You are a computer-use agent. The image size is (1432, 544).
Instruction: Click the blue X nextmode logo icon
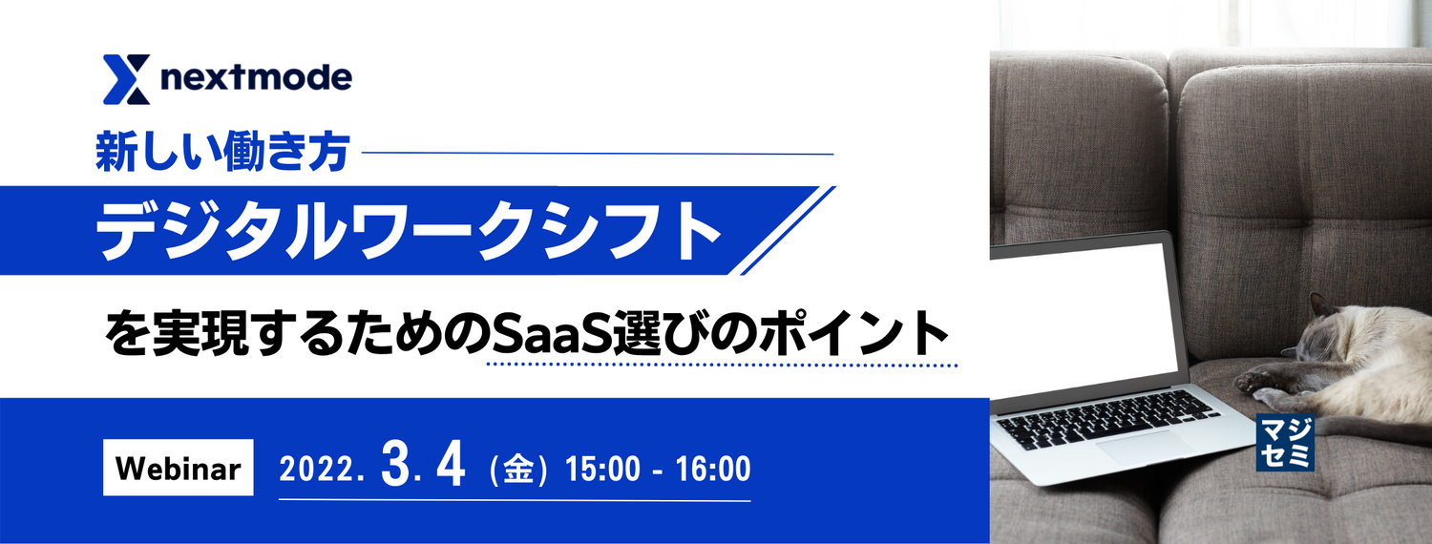[126, 79]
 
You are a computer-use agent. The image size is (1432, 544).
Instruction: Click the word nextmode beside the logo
[256, 77]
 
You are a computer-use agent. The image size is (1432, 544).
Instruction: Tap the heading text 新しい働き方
[221, 153]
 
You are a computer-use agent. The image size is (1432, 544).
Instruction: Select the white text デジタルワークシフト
[408, 231]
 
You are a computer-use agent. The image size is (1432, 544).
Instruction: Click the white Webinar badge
[178, 468]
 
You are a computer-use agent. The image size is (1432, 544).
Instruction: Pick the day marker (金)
[516, 470]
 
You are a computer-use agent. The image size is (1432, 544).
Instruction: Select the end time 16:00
[712, 470]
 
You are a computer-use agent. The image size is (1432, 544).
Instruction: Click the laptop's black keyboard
[1107, 418]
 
